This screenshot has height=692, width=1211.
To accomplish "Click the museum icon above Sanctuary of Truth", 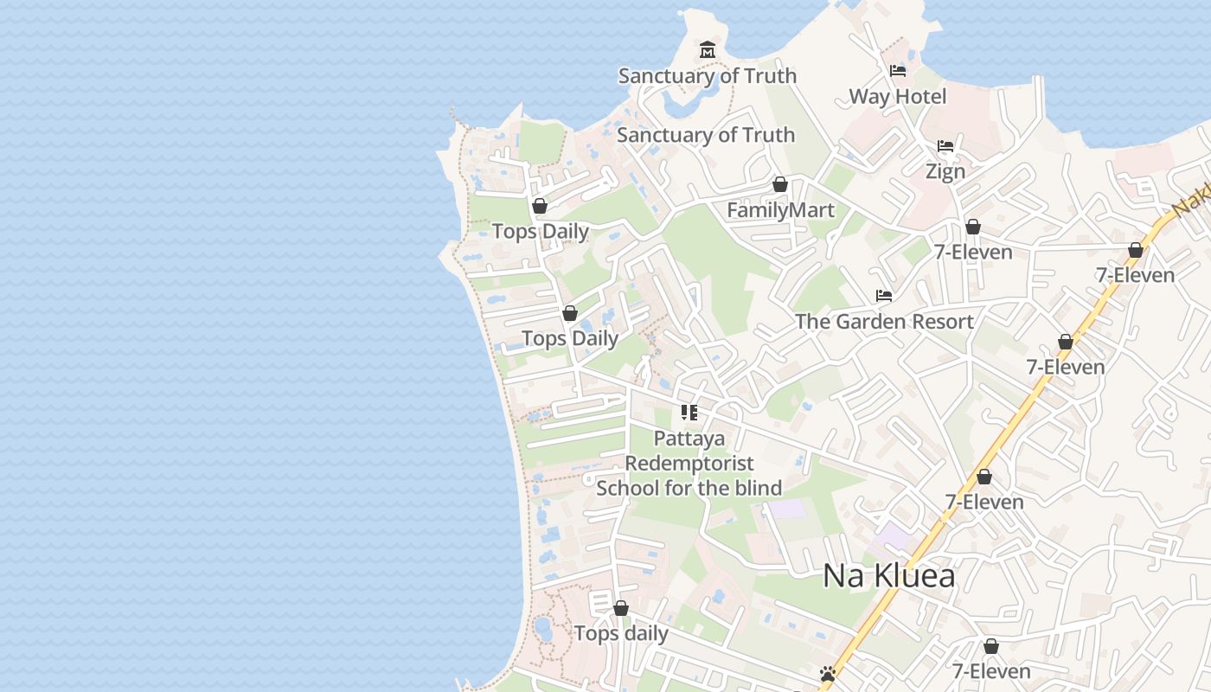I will click(x=708, y=50).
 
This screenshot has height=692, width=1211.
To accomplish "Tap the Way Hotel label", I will click(x=898, y=96).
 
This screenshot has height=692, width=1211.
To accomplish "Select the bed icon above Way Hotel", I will click(x=898, y=71).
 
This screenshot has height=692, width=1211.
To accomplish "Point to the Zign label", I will click(x=945, y=171).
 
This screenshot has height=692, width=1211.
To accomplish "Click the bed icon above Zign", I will click(x=945, y=146).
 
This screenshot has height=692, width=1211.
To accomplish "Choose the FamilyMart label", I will click(x=780, y=210).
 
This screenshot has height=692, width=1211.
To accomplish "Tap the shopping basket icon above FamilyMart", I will click(x=780, y=184).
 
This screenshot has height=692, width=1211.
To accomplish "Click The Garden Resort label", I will click(x=884, y=321).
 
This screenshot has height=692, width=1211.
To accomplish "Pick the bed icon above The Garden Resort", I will click(x=884, y=296).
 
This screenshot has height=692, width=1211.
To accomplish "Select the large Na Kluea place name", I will click(x=888, y=576).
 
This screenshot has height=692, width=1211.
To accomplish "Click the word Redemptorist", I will click(x=689, y=464).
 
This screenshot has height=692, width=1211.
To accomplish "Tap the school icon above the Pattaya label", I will click(x=689, y=413).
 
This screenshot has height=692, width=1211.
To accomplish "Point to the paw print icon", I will click(x=828, y=673).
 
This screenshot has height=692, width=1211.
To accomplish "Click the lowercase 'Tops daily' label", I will click(x=621, y=634).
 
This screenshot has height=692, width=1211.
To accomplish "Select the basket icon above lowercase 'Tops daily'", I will click(x=621, y=608).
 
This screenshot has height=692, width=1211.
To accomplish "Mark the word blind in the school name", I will click(x=759, y=488).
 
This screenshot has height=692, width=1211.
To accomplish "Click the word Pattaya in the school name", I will click(x=689, y=439).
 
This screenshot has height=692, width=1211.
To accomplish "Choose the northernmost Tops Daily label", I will click(x=541, y=231).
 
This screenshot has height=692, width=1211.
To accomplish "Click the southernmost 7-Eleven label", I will click(x=991, y=671).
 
